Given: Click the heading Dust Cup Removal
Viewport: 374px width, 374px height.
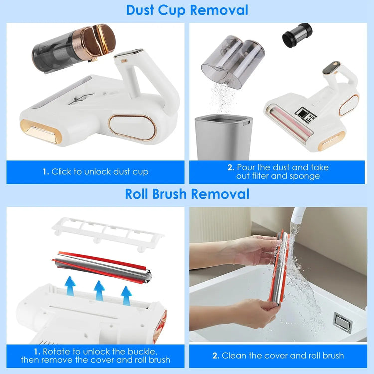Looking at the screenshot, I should click(187, 10).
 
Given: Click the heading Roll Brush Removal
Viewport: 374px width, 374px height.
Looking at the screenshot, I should click(187, 193).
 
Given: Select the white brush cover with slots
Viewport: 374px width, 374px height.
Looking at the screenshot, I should click(108, 232).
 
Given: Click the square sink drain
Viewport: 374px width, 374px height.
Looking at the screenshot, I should click(342, 322).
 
